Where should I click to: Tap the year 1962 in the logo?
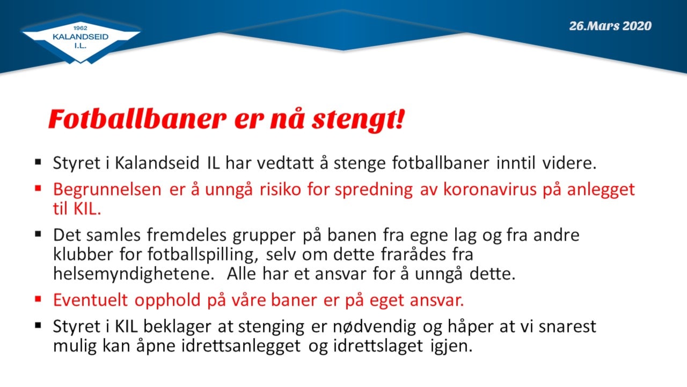[81, 28]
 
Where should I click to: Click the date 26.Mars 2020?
[610, 26]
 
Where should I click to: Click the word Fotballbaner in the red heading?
[137, 119]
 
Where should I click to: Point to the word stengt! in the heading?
[359, 120]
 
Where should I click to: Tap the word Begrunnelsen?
[107, 189]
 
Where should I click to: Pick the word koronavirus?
[490, 189]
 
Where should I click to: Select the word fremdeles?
[186, 235]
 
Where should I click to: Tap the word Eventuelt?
[90, 300]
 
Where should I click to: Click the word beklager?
[177, 326]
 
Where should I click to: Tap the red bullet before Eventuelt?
[38, 299]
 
